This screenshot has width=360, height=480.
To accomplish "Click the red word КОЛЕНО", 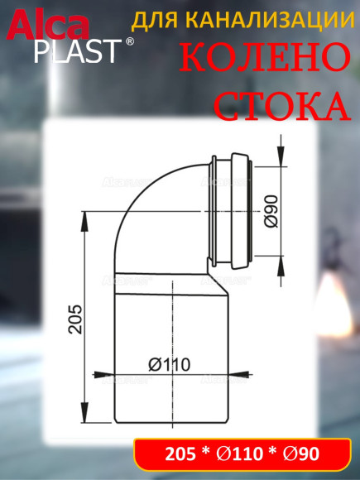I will [x=263, y=59].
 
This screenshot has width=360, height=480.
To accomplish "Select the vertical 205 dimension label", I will [x=74, y=319].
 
